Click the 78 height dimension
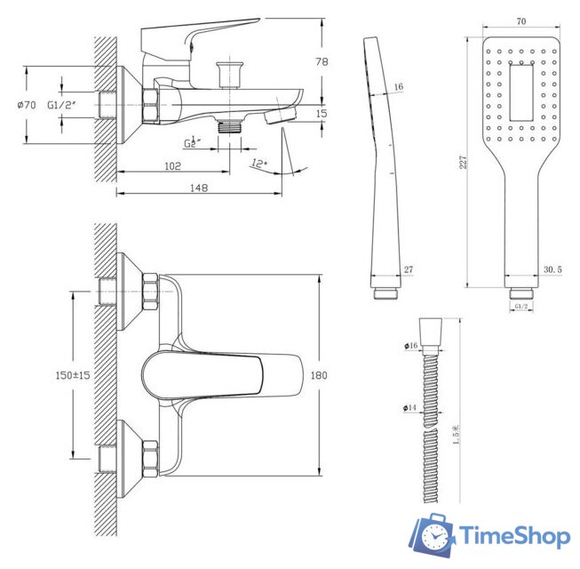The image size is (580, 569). tap(322, 61)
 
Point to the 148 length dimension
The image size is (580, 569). tap(198, 187)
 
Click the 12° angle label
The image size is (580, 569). tap(258, 163)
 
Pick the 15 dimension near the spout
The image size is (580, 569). tap(321, 113)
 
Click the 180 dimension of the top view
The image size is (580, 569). tap(320, 375)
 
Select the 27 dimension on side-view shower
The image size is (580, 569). tap(409, 270)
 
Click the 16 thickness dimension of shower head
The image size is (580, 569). tap(399, 86)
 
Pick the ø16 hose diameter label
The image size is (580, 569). tap(410, 345)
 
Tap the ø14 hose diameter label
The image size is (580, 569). tap(409, 408)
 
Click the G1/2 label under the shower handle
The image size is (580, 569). tap(521, 306)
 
